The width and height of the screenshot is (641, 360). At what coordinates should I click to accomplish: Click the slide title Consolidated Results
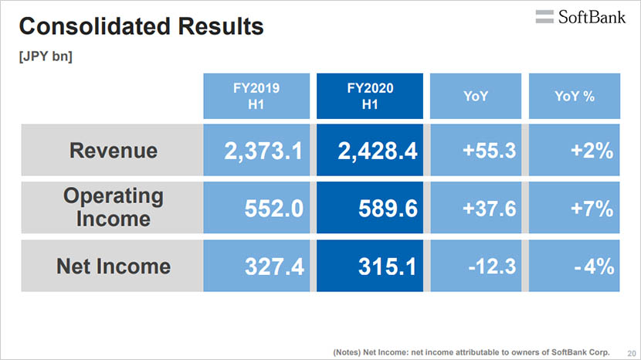(141, 28)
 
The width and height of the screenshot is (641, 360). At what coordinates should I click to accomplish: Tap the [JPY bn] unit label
(46, 56)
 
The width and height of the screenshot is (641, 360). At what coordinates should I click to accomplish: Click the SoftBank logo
(580, 17)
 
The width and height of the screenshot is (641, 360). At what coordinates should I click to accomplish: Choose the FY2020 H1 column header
(369, 97)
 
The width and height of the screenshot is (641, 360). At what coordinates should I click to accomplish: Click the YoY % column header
(574, 97)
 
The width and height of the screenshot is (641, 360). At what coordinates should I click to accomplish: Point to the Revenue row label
(113, 151)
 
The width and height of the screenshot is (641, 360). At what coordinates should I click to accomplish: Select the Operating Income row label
(113, 208)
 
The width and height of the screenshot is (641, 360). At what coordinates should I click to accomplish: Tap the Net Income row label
(113, 267)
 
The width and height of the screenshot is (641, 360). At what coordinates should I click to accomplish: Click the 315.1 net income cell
(369, 267)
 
